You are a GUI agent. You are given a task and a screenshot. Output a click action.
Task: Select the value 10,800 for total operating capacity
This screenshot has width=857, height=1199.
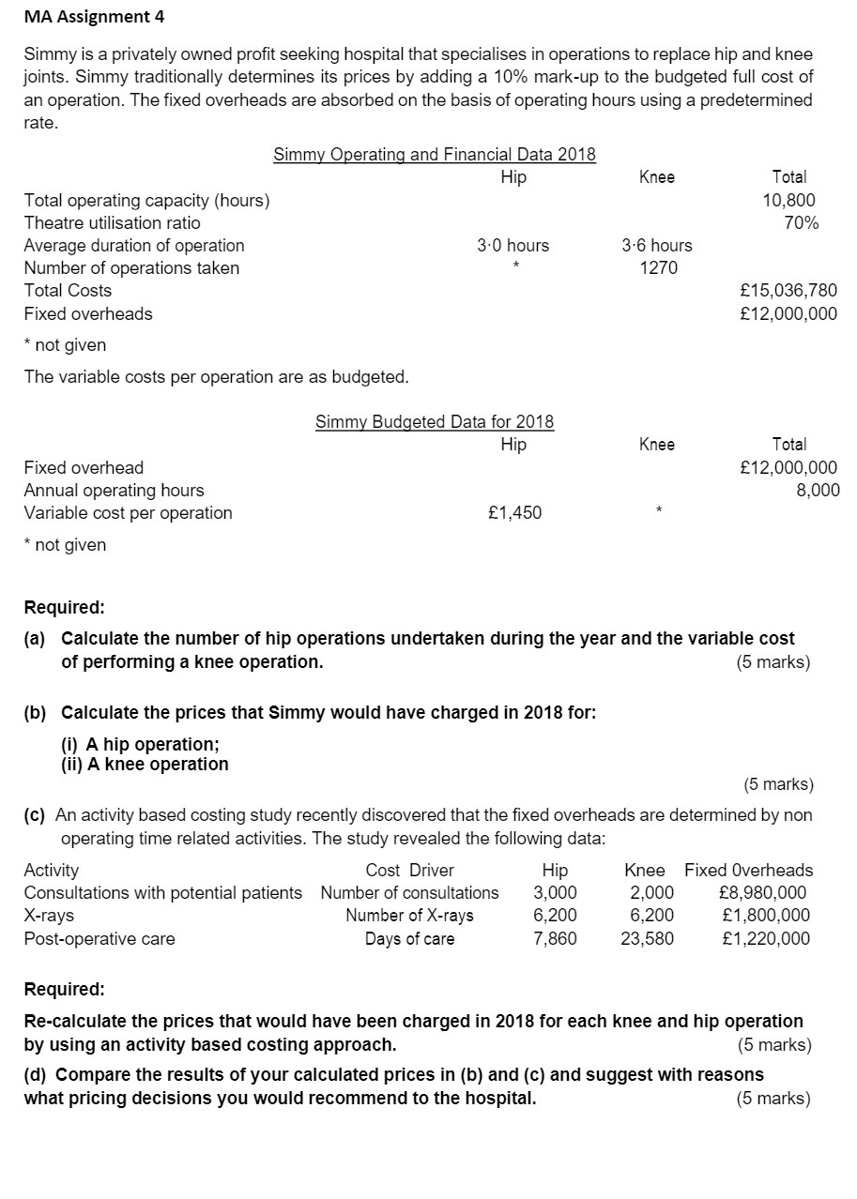[x=788, y=200]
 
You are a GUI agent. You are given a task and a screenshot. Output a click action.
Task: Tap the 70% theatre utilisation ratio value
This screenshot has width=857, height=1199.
[x=800, y=222]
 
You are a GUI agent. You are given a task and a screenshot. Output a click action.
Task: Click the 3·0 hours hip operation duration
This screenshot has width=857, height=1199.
[x=513, y=246]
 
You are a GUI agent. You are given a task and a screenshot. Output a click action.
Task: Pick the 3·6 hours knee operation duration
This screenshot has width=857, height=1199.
[x=657, y=246]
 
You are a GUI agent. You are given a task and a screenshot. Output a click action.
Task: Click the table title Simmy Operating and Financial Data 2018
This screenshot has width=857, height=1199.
[x=435, y=155]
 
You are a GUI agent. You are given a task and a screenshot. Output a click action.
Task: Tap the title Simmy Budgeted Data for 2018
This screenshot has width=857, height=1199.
[x=435, y=422]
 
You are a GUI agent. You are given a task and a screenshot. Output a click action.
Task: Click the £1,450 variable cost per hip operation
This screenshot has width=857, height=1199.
[x=515, y=513]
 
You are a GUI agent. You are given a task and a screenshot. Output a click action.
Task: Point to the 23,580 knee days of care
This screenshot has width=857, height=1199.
[x=647, y=938]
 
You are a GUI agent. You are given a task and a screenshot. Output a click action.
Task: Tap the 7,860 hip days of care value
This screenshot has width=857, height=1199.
[x=555, y=938]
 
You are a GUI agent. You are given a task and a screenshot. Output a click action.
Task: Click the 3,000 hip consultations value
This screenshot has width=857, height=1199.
[x=555, y=893]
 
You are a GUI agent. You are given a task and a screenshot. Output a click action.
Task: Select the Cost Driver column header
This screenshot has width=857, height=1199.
[x=409, y=871]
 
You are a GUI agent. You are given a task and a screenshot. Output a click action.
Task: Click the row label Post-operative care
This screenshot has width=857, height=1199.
[x=99, y=938]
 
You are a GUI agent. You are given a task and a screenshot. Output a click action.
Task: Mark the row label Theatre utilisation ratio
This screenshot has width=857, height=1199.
[x=112, y=222]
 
